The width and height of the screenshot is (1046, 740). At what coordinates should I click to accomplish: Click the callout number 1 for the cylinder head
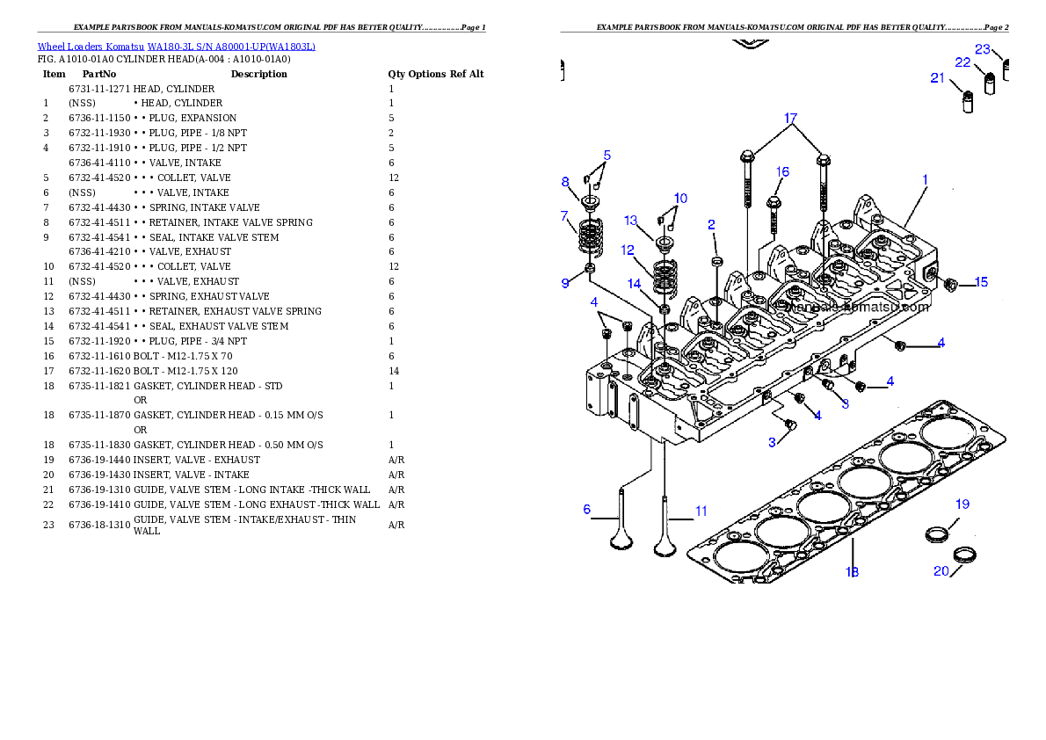point(925,179)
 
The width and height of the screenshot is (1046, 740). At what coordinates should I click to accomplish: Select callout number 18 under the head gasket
point(852,572)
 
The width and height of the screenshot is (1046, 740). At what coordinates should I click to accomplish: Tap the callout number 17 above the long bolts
point(790,118)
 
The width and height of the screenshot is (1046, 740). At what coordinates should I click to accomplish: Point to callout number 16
point(782,172)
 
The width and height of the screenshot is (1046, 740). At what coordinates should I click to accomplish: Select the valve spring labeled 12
point(665,277)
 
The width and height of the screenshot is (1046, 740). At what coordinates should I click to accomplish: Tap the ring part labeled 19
point(938,533)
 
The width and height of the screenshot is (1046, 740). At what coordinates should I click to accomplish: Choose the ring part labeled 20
point(966,555)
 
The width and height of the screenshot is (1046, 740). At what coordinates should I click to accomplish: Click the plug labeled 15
point(949,284)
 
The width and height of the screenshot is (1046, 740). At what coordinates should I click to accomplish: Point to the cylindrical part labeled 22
point(991,83)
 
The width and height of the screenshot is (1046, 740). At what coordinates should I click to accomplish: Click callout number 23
point(983,48)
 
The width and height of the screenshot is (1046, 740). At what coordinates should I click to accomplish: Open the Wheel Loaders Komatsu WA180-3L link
point(176,47)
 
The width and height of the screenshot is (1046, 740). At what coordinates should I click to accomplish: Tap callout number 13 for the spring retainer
point(631,220)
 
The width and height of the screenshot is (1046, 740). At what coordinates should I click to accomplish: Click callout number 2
point(712,225)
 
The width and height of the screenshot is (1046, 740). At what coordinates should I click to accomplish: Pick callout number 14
point(635,283)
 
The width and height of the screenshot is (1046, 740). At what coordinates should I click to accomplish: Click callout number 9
point(565,283)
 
